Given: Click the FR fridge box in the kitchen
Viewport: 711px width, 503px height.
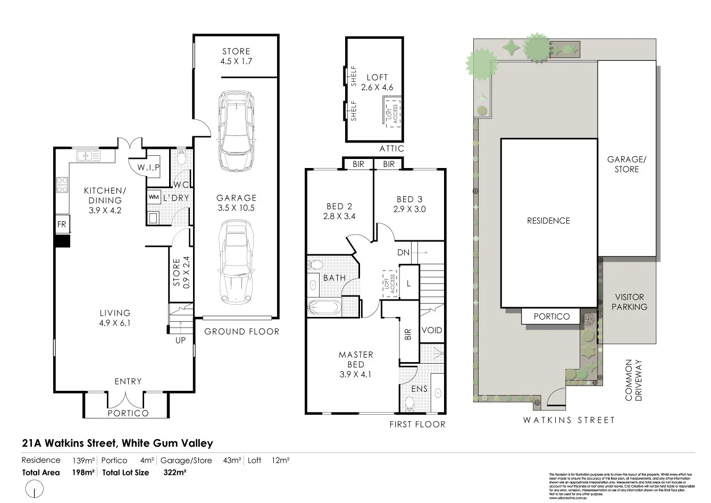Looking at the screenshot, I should tap(62, 224).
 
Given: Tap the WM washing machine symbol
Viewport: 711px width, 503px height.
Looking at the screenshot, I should tap(154, 197).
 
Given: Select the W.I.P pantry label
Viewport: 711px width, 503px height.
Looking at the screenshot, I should tap(148, 168).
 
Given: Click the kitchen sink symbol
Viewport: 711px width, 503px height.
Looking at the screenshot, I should tap(88, 156).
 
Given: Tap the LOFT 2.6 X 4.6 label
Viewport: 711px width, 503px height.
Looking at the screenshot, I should tap(377, 82).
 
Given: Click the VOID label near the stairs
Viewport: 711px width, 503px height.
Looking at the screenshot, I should tap(432, 330).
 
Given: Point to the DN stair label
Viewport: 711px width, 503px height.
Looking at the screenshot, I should tap(404, 252).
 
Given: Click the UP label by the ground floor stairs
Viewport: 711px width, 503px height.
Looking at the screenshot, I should tap(181, 340).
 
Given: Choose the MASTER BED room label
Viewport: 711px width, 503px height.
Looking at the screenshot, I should tap(356, 364).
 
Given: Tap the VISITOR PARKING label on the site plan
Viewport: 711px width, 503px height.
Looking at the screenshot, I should tap(629, 302).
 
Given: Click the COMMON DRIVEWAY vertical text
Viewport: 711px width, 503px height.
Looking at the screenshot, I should tap(634, 380).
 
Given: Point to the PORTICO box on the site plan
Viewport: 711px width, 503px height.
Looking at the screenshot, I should tap(551, 316).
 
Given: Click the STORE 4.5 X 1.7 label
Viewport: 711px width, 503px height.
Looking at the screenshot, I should tap(236, 56).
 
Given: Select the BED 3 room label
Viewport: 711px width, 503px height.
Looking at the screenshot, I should tap(409, 204).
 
